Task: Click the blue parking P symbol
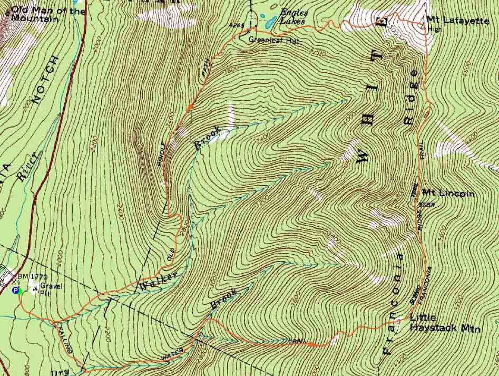pyautogui.click(x=15, y=290)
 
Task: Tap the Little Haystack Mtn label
pyautogui.click(x=445, y=324)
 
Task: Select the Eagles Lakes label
pyautogui.click(x=292, y=15)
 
